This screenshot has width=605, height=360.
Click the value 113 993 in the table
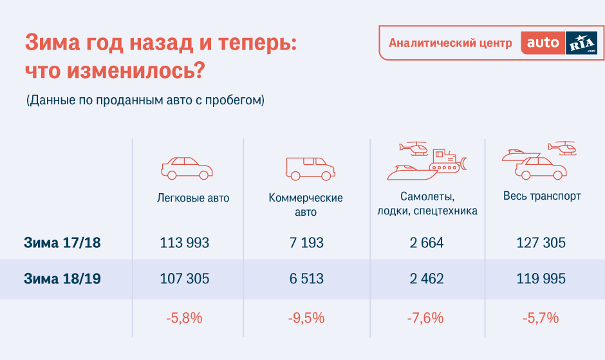pos(185,243)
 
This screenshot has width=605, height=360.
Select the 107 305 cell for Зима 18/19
pos(185,278)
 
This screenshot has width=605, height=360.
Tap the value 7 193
pos(306,243)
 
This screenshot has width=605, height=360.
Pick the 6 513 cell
pos(306,278)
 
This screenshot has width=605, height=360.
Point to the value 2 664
pos(427,243)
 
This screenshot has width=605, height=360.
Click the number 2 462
pos(427,278)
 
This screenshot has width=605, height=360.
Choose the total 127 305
pos(541,243)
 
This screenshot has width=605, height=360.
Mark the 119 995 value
pos(541,278)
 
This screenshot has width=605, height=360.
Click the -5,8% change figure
pos(185,318)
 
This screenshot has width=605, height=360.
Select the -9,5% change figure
pos(306,318)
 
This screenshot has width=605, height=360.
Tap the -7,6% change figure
pos(425,318)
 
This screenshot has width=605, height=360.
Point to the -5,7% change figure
pos(541,318)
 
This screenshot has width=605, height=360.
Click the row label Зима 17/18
pos(62,243)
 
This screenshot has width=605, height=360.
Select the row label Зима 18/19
pos(62,278)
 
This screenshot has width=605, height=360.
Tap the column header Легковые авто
pos(193,198)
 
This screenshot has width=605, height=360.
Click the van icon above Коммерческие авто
pos(310,169)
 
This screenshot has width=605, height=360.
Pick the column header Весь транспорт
pos(542,196)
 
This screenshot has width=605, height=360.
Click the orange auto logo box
pos(543,43)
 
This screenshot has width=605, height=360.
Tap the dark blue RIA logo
pos(581,43)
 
